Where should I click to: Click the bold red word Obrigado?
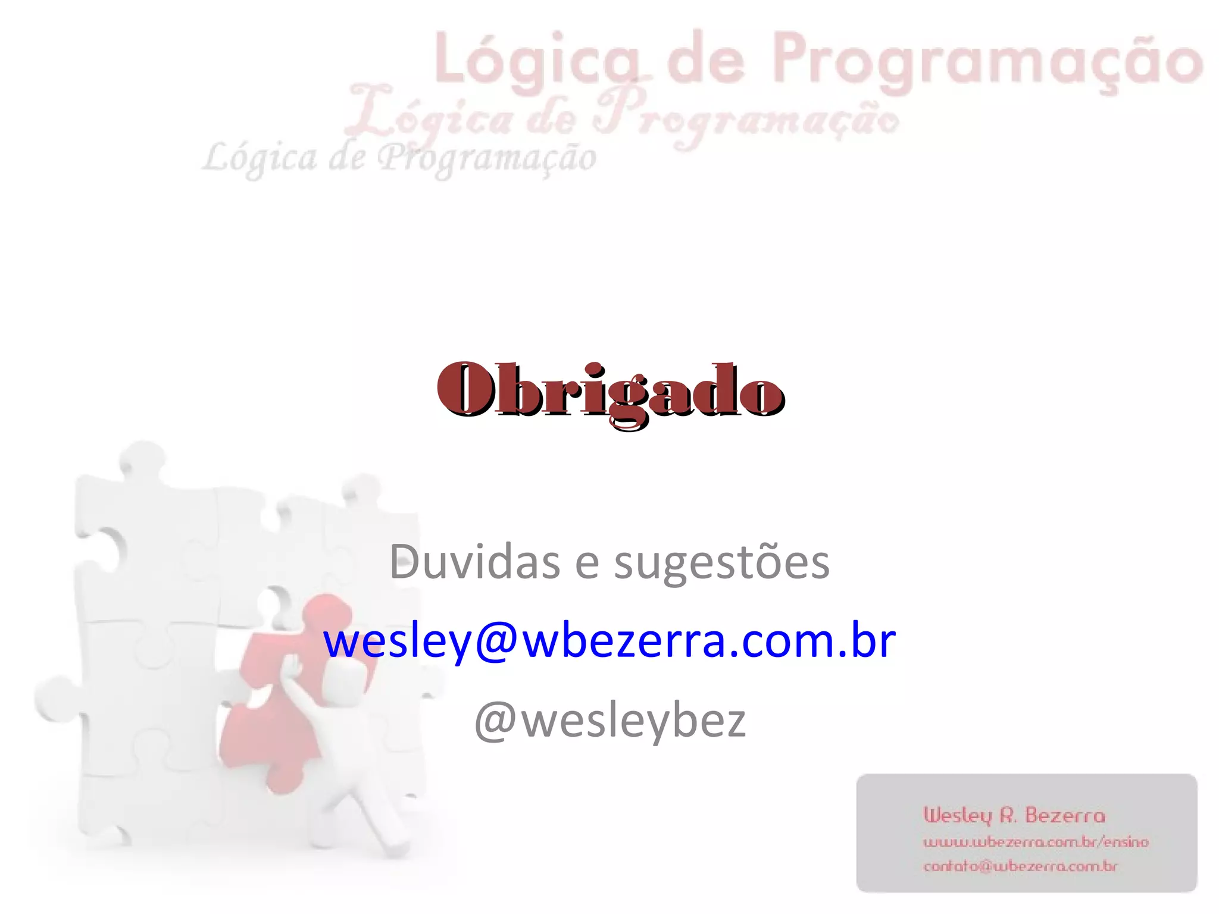pos(611,391)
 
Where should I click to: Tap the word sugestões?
pos(721,563)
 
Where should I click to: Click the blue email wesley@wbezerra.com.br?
pos(609,641)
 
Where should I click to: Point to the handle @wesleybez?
pos(609,721)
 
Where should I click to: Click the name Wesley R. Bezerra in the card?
pos(1014,815)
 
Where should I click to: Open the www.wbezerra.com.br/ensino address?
pos(1035,842)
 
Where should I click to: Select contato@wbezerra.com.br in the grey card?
pos(1020,866)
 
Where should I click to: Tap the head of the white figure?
pos(351,678)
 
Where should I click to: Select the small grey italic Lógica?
pos(260,158)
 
